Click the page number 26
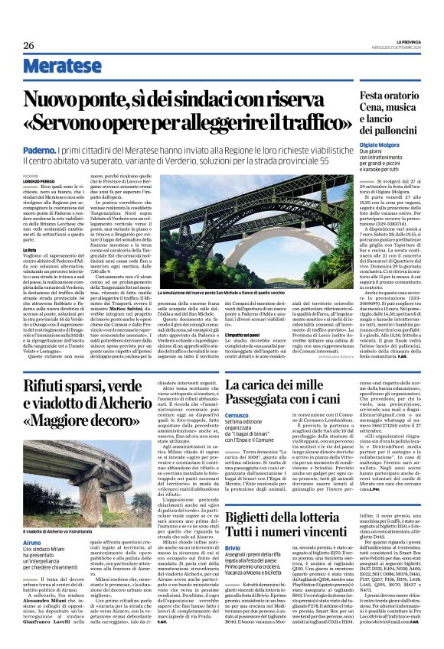tap(29, 45)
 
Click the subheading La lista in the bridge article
tap(30, 250)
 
